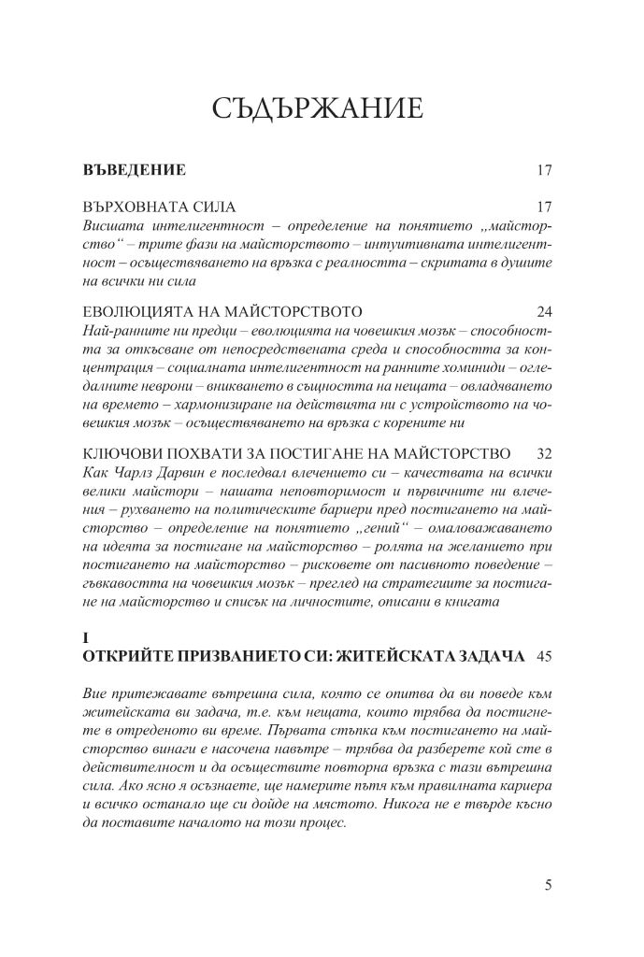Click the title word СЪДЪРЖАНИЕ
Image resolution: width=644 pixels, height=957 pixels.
(318, 110)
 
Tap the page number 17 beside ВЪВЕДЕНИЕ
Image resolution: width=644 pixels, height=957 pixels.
(546, 171)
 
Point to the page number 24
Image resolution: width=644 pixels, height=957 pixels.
(546, 310)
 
